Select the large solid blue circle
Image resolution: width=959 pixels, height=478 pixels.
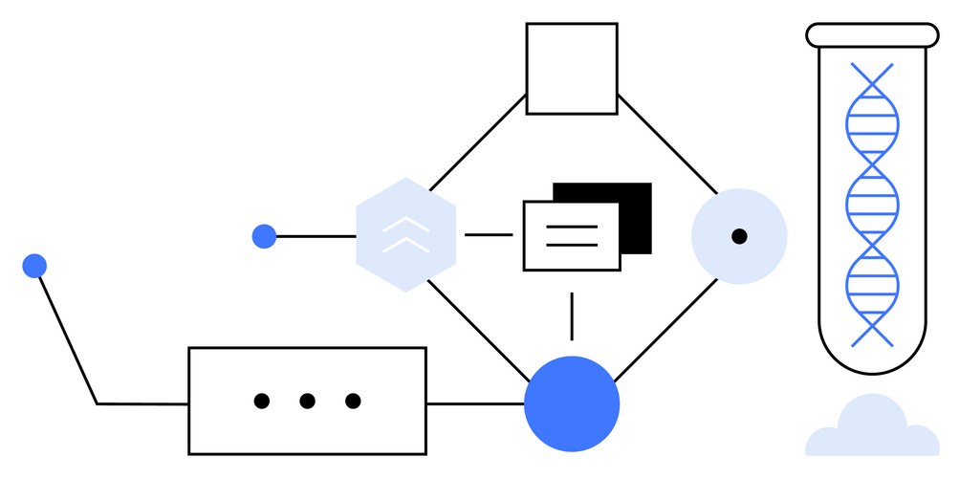(572, 403)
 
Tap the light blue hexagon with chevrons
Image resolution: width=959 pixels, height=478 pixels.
(405, 235)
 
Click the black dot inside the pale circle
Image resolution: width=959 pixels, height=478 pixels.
(739, 236)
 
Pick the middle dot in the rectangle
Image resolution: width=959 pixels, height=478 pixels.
(307, 402)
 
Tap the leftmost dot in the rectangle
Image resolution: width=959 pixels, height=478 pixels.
(261, 402)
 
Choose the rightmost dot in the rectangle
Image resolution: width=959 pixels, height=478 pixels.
(353, 402)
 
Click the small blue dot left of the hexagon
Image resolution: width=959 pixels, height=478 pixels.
(264, 236)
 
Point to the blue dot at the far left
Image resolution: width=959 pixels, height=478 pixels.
(34, 266)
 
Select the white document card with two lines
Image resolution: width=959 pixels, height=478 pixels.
(572, 236)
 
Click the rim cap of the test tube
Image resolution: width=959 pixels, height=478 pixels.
(871, 35)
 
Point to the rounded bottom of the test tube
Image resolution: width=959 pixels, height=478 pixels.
(871, 354)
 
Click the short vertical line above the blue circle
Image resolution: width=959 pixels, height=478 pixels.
(572, 316)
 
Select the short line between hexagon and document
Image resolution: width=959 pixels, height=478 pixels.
(489, 235)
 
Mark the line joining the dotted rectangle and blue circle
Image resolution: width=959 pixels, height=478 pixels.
(475, 403)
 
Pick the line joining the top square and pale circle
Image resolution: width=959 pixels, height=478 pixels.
(666, 141)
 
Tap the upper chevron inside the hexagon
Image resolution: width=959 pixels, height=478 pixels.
(405, 225)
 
